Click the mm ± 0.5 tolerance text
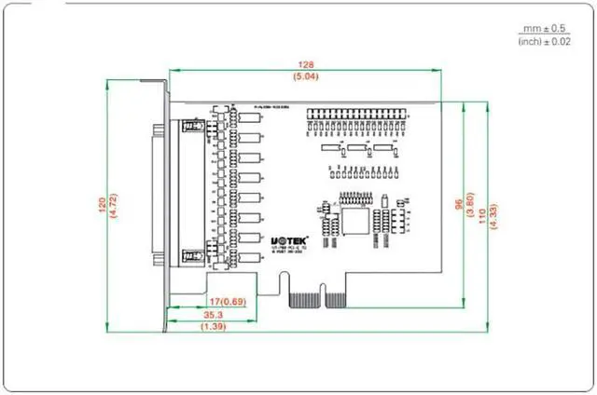click(x=543, y=28)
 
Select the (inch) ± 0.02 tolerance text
click(x=543, y=41)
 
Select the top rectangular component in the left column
click(x=249, y=117)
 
